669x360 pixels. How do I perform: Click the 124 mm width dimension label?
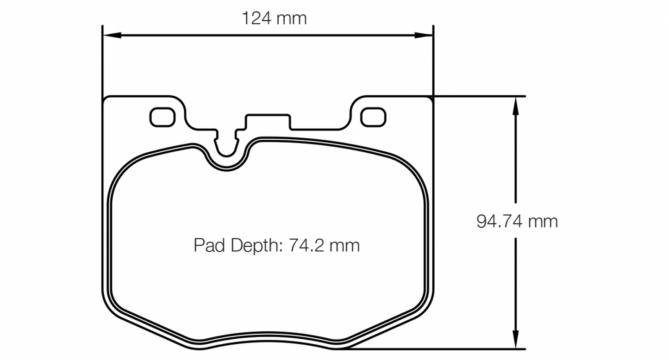[x=274, y=19]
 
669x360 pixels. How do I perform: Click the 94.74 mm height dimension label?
[x=517, y=222]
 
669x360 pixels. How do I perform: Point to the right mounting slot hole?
[x=373, y=117]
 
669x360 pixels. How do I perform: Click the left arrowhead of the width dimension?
[x=111, y=35]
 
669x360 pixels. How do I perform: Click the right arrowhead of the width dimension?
[x=424, y=35]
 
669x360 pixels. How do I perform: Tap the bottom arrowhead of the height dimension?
[x=514, y=340]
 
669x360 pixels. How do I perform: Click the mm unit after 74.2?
[x=344, y=245]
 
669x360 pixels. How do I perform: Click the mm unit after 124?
[x=292, y=19]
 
